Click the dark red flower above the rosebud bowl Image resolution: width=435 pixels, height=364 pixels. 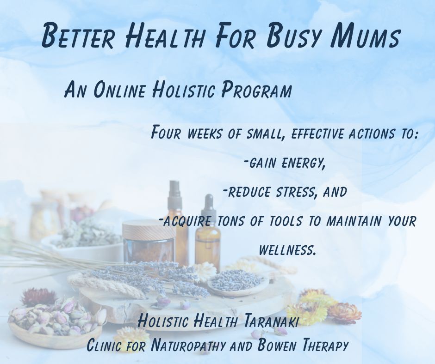pyautogui.click(x=37, y=296)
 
